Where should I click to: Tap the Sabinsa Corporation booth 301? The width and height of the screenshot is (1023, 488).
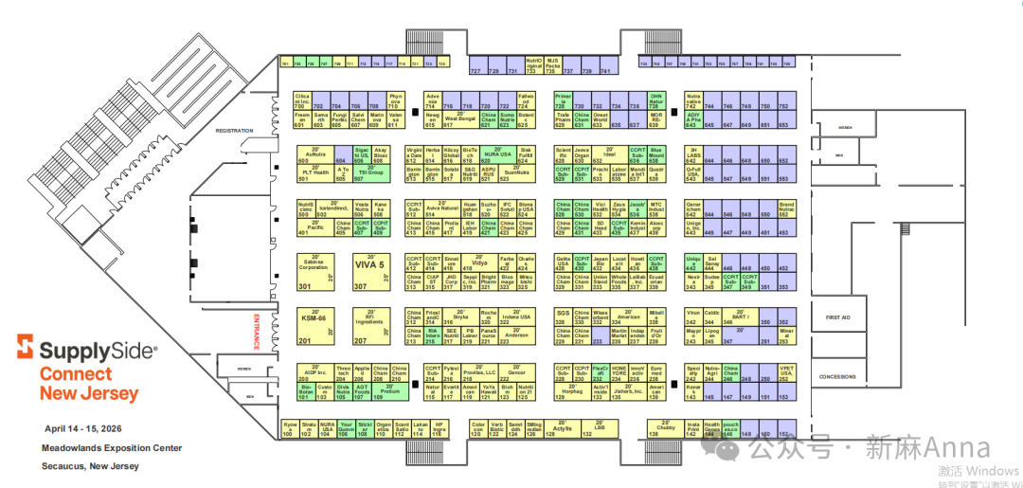[314, 270]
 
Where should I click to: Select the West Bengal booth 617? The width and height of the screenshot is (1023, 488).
[460, 118]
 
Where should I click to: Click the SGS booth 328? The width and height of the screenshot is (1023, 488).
[563, 316]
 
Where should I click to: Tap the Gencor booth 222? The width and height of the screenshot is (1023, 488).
[516, 371]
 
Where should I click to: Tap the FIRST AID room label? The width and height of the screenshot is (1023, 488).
[838, 317]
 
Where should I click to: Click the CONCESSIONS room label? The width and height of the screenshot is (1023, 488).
[837, 376]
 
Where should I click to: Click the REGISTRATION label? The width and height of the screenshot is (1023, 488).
[235, 130]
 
